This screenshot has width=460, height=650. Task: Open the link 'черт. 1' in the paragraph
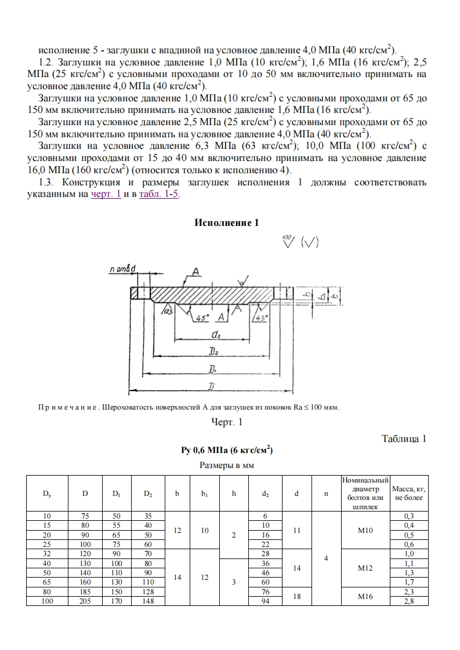coord(106,195)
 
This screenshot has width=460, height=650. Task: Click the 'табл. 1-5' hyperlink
coord(160,195)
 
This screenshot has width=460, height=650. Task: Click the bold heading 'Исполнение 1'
coord(226,223)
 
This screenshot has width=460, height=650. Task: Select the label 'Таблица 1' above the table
coord(404,439)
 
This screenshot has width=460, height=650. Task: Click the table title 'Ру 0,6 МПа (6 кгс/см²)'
coord(227,451)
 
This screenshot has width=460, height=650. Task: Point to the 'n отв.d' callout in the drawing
coord(122,269)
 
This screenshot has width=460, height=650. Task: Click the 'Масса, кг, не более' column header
coord(408,493)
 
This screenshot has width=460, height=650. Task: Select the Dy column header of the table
coord(47,494)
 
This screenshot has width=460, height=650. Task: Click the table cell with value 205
coord(85,601)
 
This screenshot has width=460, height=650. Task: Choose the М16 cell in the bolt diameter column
coord(365,596)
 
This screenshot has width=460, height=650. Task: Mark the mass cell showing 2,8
coord(408,601)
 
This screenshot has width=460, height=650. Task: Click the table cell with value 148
coord(148,601)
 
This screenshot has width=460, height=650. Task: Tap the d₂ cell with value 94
coord(266,601)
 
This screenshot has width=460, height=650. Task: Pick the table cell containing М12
coord(365,569)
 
